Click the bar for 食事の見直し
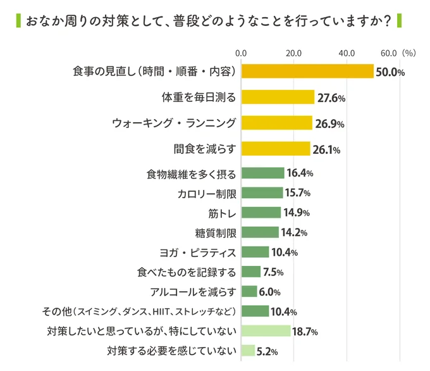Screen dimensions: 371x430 click(307, 72)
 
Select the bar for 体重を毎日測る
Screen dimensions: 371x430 click(278, 97)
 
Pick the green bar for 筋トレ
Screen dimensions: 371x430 click(261, 212)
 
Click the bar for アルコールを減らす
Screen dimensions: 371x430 click(249, 292)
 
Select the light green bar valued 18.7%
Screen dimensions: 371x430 click(266, 331)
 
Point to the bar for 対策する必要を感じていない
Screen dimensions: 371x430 click(248, 351)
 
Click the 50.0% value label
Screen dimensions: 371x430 click(390, 72)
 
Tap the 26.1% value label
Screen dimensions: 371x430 click(326, 150)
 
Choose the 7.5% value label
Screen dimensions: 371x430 click(273, 272)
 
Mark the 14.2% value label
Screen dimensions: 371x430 click(293, 232)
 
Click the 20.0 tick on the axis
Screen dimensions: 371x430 click(293, 53)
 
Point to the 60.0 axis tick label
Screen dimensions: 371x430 click(389, 53)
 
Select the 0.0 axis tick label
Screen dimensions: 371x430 click(241, 53)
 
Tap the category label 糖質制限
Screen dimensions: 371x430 click(216, 232)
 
